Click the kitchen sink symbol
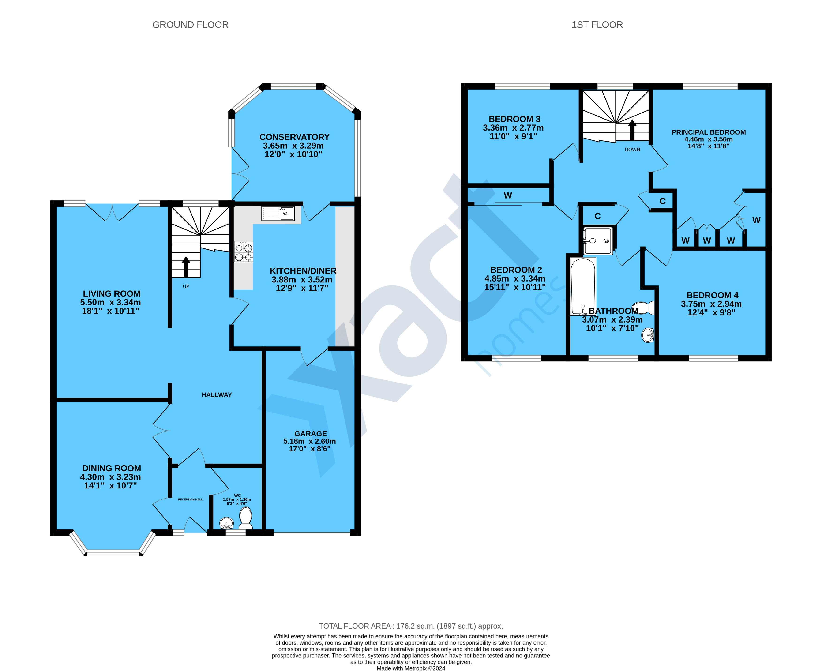[278, 213]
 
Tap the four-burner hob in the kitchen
[244, 252]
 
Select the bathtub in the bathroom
[583, 286]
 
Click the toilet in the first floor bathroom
[643, 308]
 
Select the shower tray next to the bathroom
[598, 241]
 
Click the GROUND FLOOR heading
[190, 25]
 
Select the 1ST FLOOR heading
[597, 25]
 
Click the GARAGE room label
[310, 434]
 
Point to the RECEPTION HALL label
[190, 499]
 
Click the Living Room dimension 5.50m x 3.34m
[110, 302]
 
